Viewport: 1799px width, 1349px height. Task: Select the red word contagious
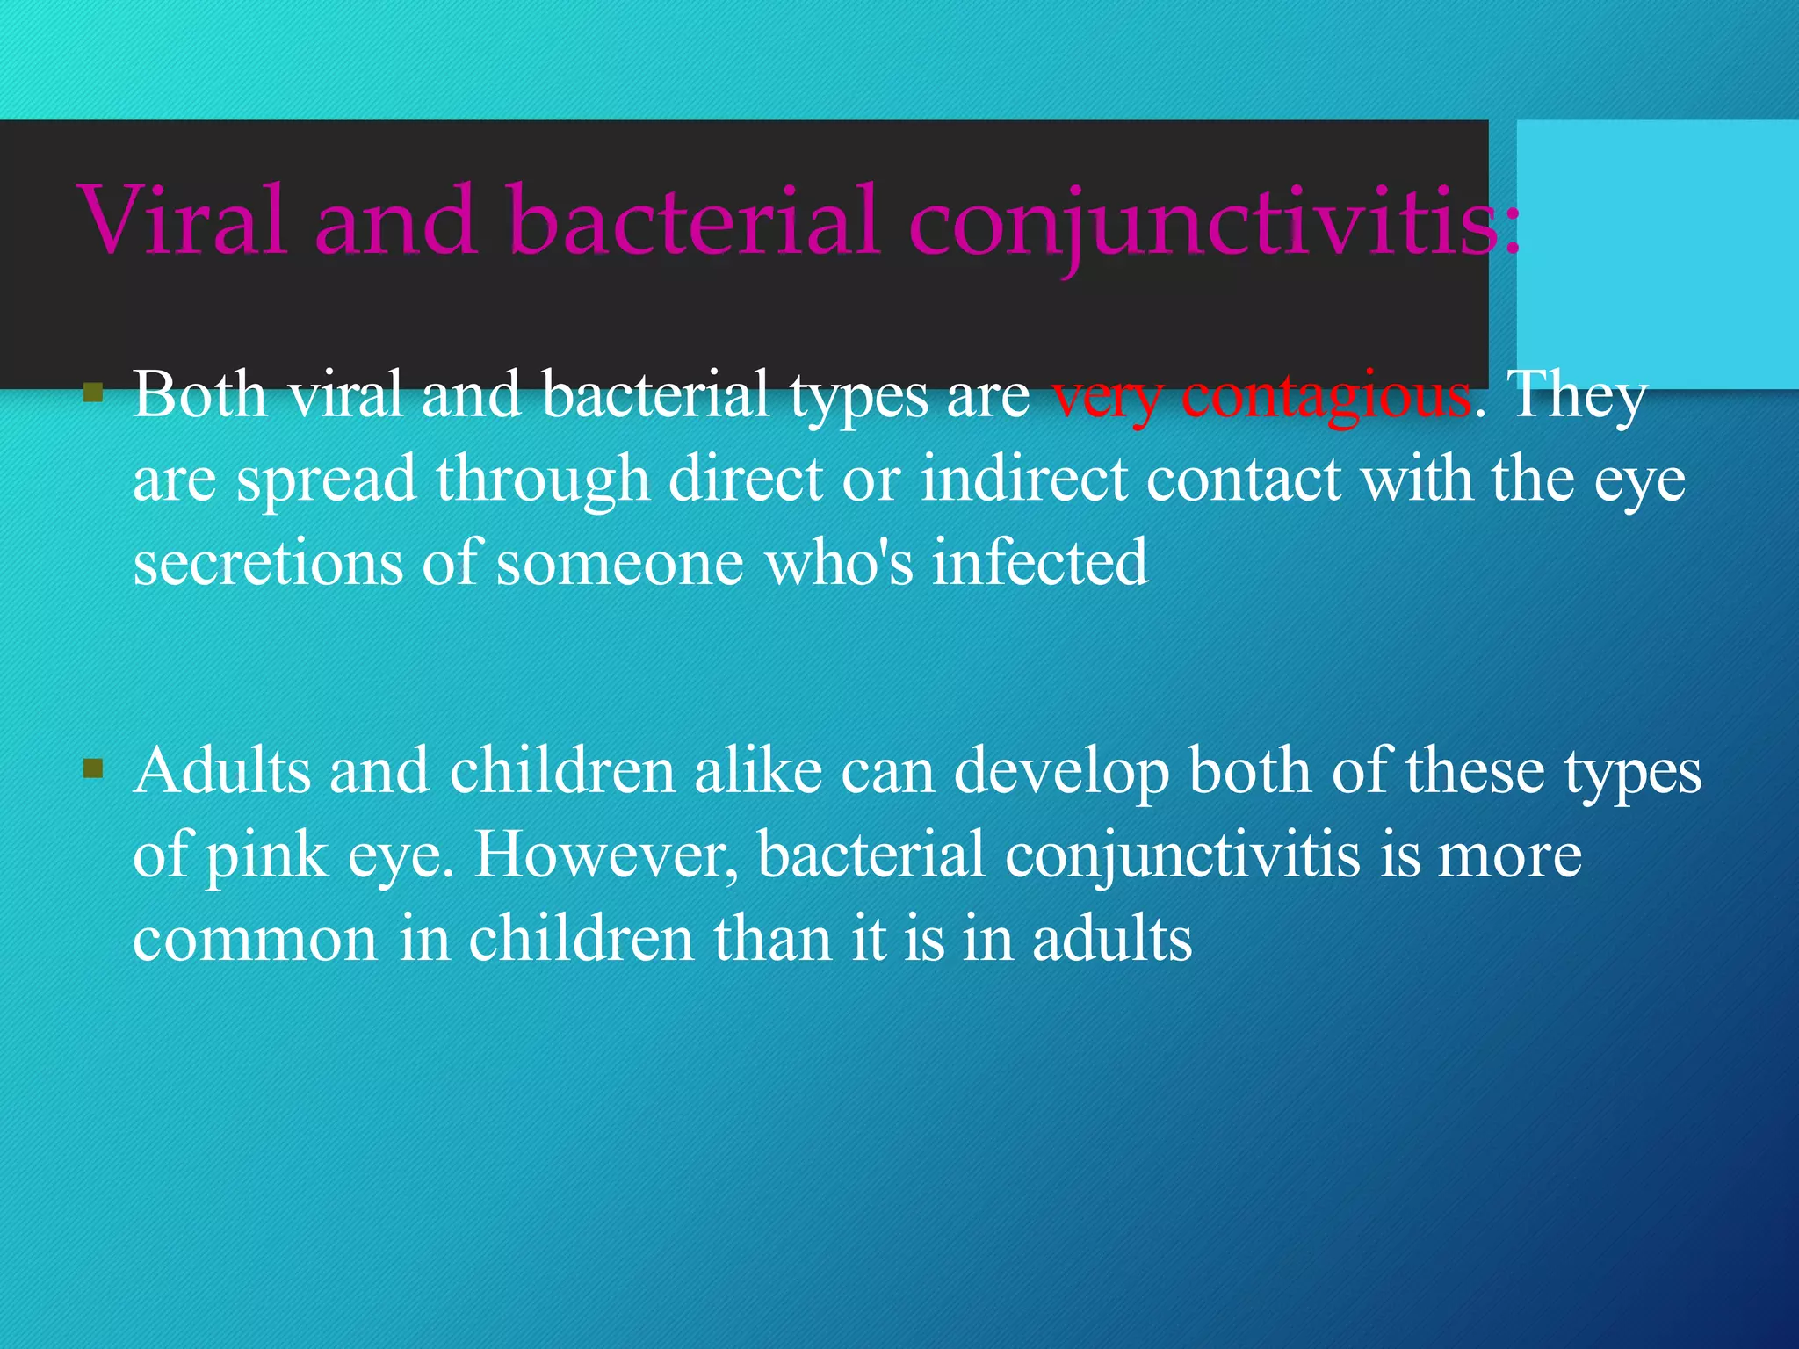pos(1326,396)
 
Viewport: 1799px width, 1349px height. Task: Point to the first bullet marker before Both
pos(93,392)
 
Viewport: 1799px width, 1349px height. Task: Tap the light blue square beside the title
pos(1657,255)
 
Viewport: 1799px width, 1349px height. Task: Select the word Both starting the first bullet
pos(200,394)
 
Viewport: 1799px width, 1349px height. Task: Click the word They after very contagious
pos(1578,396)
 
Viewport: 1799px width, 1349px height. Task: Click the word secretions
pos(267,563)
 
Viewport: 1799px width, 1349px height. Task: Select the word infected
pos(1040,563)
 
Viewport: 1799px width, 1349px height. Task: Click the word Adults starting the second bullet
pos(222,771)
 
